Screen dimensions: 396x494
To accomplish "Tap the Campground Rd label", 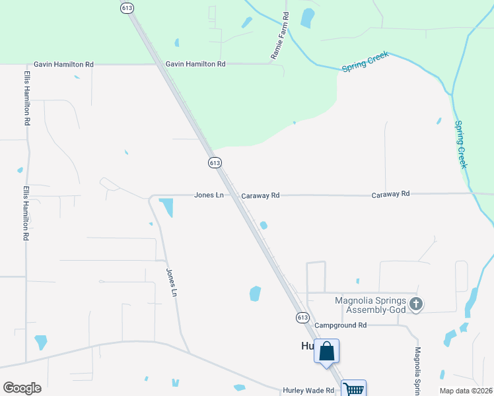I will pyautogui.click(x=340, y=325).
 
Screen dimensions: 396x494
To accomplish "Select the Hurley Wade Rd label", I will pyautogui.click(x=309, y=391).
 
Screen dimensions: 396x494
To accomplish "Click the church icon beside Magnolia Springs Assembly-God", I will pyautogui.click(x=415, y=304).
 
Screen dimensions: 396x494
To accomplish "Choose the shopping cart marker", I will pyautogui.click(x=354, y=389).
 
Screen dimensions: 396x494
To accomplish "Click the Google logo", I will pyautogui.click(x=22, y=388).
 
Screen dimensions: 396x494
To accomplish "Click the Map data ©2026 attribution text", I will pyautogui.click(x=466, y=391).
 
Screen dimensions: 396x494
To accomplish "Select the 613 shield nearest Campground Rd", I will pyautogui.click(x=302, y=317).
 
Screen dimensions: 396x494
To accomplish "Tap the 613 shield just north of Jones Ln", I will pyautogui.click(x=214, y=162).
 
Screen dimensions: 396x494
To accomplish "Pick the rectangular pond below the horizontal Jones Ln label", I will pyautogui.click(x=166, y=207).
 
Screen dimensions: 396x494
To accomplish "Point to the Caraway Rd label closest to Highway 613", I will pyautogui.click(x=260, y=195).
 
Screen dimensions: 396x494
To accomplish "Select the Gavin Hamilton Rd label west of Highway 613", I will pyautogui.click(x=64, y=65).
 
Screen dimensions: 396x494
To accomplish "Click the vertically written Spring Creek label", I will pyautogui.click(x=462, y=144).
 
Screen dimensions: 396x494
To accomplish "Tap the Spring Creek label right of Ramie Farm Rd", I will pyautogui.click(x=365, y=63).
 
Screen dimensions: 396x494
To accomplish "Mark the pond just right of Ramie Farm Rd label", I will pyautogui.click(x=307, y=18).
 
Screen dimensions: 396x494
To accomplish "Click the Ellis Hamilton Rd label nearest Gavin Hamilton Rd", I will pyautogui.click(x=27, y=98).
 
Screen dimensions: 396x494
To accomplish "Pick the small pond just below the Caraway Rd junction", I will pyautogui.click(x=264, y=226).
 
